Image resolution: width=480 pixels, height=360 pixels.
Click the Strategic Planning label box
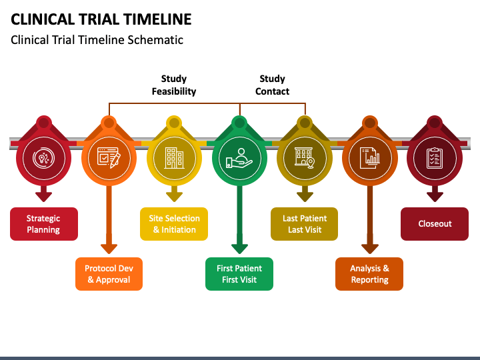(x=44, y=224)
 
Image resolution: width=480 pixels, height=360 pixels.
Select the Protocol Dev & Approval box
(x=109, y=274)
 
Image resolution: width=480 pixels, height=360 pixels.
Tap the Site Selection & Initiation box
(x=174, y=224)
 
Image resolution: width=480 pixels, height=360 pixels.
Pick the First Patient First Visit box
(x=239, y=274)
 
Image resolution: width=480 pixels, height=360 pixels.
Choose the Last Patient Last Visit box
(x=304, y=224)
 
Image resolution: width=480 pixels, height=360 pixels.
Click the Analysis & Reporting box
(x=369, y=274)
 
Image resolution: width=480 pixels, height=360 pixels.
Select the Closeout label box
(x=435, y=224)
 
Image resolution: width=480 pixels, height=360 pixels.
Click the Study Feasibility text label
(x=174, y=85)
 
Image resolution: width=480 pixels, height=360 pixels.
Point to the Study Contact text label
(x=272, y=85)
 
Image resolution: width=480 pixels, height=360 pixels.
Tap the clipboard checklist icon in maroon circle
(x=435, y=158)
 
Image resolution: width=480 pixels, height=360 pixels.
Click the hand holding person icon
(x=239, y=158)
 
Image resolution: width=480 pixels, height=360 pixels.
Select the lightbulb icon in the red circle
(x=44, y=158)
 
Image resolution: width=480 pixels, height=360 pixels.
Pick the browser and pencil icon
(x=109, y=157)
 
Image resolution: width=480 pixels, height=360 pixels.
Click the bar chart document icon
(x=370, y=158)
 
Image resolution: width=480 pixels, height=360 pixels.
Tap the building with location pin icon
(x=305, y=158)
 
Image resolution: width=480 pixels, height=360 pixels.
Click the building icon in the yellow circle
(x=174, y=158)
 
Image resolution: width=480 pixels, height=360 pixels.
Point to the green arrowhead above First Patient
(x=239, y=249)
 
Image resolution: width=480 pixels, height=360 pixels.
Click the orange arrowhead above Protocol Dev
(x=109, y=249)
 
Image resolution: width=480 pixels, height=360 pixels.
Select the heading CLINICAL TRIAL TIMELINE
(x=101, y=19)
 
